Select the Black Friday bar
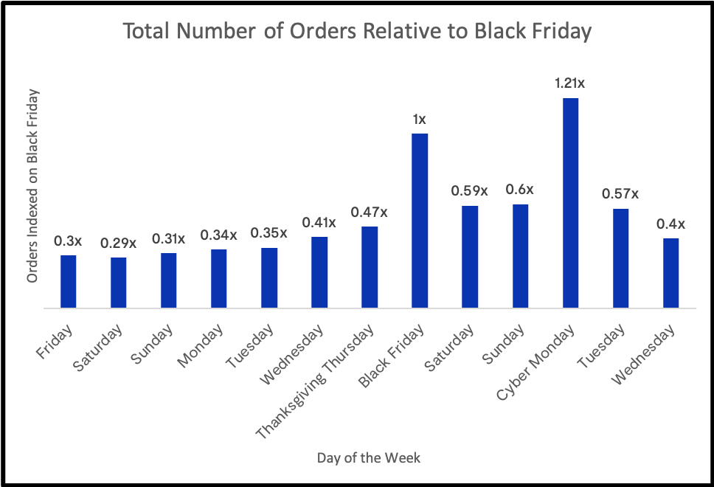420,221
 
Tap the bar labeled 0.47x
370,267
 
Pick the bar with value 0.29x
119,283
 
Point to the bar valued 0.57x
620,258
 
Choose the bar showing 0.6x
520,256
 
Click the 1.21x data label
570,83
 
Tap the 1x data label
420,119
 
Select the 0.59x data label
470,191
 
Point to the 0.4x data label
670,224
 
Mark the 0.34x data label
219,235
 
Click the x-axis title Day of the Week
369,458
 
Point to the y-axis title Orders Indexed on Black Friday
32,187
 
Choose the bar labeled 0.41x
319,272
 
